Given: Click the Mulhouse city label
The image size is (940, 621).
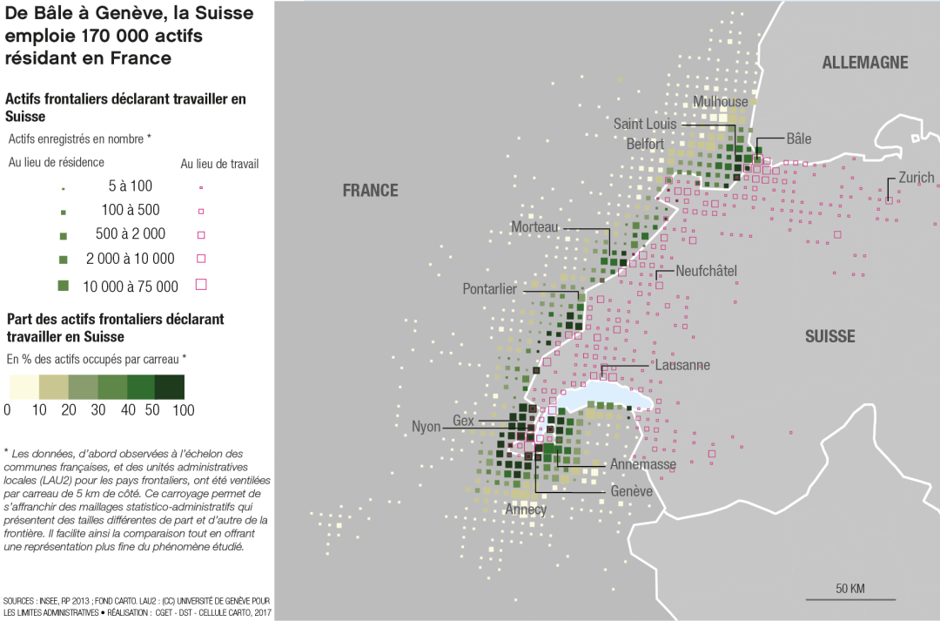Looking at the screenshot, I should (x=720, y=102).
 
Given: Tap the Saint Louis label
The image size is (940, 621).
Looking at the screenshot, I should (x=645, y=125).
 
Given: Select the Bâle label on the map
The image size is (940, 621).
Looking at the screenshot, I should (x=798, y=139).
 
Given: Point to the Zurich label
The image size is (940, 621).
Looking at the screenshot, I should (x=916, y=178).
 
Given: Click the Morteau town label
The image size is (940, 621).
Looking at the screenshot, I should (x=534, y=227).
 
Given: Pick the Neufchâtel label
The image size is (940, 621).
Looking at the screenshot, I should (x=706, y=272).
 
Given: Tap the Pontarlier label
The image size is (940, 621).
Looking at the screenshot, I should (x=489, y=289).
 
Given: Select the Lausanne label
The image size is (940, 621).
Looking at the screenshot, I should (x=682, y=366).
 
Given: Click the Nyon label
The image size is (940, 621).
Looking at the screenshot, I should (x=426, y=427).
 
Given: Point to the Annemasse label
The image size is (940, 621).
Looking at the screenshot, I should (x=642, y=465).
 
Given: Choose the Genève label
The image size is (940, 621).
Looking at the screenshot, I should (x=631, y=492).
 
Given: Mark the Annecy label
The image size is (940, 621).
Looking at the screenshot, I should (x=526, y=510).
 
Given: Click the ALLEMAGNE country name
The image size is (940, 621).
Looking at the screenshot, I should (x=864, y=63).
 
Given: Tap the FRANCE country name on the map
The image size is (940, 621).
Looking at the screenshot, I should (x=370, y=191).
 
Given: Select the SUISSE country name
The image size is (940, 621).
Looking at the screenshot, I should (x=829, y=337).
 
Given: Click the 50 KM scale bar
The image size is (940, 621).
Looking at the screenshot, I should (x=849, y=597).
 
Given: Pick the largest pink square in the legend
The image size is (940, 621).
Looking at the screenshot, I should (x=201, y=284).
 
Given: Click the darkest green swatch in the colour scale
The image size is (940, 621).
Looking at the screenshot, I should (x=170, y=387).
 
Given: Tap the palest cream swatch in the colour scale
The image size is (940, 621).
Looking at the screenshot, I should (x=23, y=387).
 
